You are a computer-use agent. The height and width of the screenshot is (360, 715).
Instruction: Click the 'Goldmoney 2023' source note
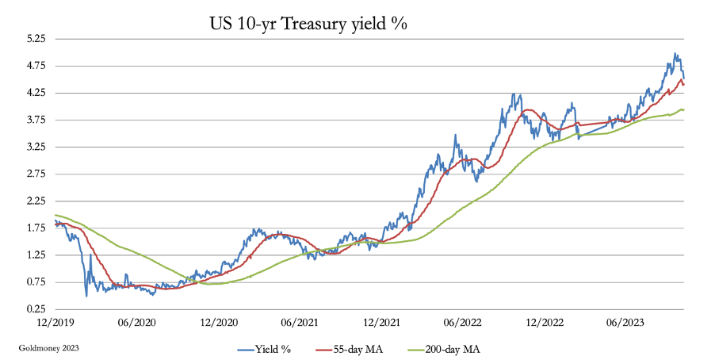pos(47,347)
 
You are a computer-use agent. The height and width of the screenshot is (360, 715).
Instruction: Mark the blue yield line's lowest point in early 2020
pos(86,296)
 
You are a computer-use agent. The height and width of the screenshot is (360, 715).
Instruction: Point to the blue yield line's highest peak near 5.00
pos(675,54)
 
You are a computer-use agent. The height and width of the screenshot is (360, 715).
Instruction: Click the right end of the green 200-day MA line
pos(683,109)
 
